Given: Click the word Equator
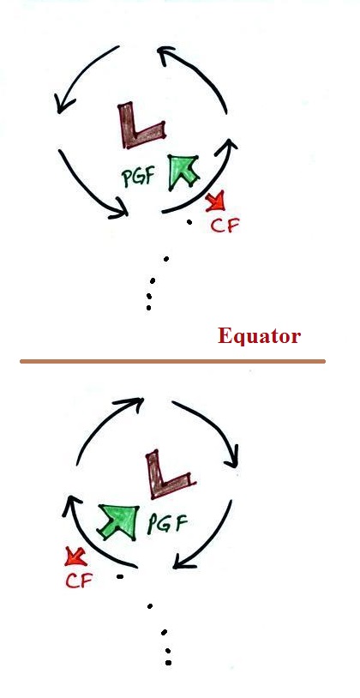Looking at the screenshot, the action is pyautogui.click(x=259, y=336).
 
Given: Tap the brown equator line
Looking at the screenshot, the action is pyautogui.click(x=172, y=362).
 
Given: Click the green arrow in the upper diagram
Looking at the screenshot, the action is pyautogui.click(x=182, y=171).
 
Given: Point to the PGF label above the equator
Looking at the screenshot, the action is pyautogui.click(x=138, y=178).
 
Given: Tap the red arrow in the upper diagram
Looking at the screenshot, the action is pyautogui.click(x=215, y=202).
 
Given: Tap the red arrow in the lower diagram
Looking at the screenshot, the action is pyautogui.click(x=75, y=557).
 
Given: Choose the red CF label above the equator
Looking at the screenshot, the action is pyautogui.click(x=225, y=226).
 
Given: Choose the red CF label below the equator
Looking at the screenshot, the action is pyautogui.click(x=79, y=580).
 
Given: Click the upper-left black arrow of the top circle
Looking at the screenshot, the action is pyautogui.click(x=81, y=75).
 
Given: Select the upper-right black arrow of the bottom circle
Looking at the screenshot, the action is pyautogui.click(x=213, y=427).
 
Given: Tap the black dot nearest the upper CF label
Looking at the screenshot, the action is pyautogui.click(x=189, y=222).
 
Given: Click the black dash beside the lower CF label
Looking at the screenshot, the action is pyautogui.click(x=120, y=577).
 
